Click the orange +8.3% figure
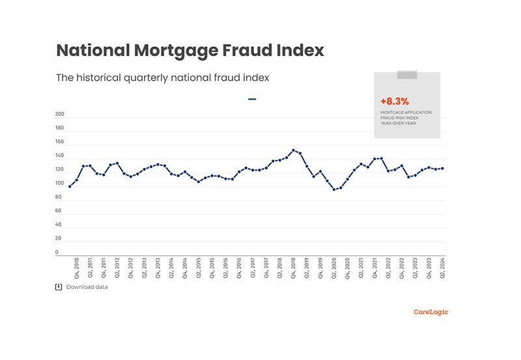coord(394,102)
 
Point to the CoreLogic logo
coord(431,312)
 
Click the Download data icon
coord(59,287)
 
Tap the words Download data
coord(87,287)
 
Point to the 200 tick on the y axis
coord(60,115)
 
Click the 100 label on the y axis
coord(60,184)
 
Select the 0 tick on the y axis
coord(57,253)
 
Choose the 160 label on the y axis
coord(60,142)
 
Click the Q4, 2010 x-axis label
coord(77,268)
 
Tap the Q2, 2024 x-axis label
coord(443,268)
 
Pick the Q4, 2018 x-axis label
coord(294,268)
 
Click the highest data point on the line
coord(294,150)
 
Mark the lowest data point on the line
coord(334,189)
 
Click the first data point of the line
coord(70,186)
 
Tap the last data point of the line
coord(443,169)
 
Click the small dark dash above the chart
coord(252,100)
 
